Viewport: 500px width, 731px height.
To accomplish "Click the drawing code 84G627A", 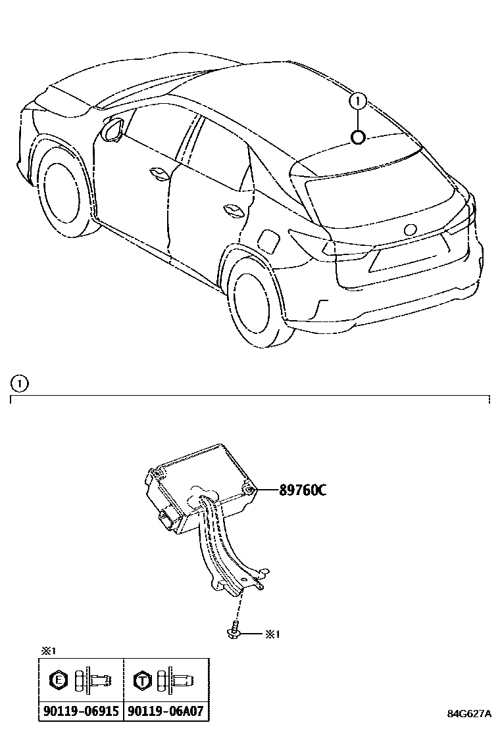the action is point(469,714).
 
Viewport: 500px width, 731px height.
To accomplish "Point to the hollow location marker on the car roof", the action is point(358,137).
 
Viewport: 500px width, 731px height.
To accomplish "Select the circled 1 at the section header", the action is point(20,382).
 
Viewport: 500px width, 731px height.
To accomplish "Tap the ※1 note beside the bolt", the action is point(272,634).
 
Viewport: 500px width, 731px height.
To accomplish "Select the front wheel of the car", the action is point(63,191).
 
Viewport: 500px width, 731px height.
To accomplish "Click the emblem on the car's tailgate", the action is point(410,230).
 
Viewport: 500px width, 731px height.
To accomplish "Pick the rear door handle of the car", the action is point(234,210).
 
